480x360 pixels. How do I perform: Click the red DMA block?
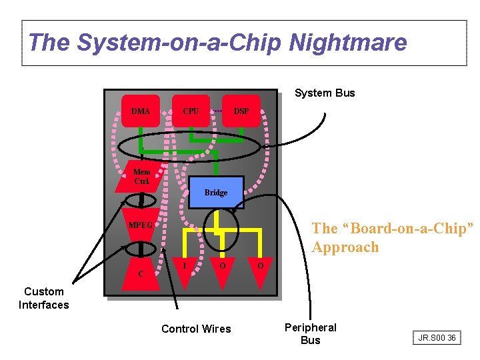[x=141, y=111]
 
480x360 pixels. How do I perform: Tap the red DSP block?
[x=241, y=111]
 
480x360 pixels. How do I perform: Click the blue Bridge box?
[x=216, y=193]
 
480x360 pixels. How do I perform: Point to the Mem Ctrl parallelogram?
[x=141, y=177]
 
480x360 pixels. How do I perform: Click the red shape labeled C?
[x=141, y=273]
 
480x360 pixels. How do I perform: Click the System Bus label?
[x=325, y=93]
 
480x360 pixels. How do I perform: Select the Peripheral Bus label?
[x=311, y=333]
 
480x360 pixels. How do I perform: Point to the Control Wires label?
[x=196, y=329]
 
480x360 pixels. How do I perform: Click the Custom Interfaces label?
[x=44, y=298]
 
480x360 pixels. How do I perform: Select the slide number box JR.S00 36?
[x=437, y=338]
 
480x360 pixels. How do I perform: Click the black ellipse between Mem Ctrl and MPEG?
[x=141, y=200]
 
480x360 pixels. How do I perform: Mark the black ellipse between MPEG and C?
[x=141, y=249]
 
